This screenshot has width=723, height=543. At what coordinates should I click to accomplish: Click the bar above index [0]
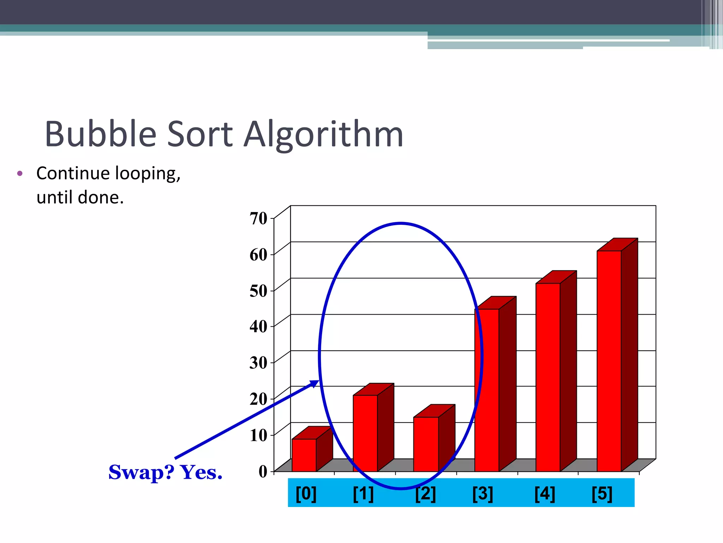click(x=304, y=455)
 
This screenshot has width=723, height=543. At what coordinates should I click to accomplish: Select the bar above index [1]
click(x=365, y=433)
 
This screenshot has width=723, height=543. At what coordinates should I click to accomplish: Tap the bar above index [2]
click(x=426, y=444)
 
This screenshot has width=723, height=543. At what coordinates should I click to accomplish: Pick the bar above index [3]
click(x=487, y=390)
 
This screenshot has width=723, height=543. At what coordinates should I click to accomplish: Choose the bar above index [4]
click(x=548, y=377)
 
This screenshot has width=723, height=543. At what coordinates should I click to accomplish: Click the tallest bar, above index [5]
click(x=609, y=361)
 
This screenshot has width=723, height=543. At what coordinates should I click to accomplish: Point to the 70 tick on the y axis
click(x=258, y=218)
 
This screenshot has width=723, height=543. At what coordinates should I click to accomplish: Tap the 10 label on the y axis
click(x=258, y=435)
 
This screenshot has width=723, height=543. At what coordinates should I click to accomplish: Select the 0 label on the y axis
click(x=263, y=471)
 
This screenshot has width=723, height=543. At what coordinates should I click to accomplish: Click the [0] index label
click(x=306, y=494)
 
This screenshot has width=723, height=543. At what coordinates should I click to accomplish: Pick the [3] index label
click(x=483, y=494)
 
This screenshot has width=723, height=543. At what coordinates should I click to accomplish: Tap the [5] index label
click(x=602, y=494)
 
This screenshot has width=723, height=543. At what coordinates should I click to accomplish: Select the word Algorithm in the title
click(x=324, y=134)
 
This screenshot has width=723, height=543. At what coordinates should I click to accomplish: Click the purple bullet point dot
click(x=20, y=174)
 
